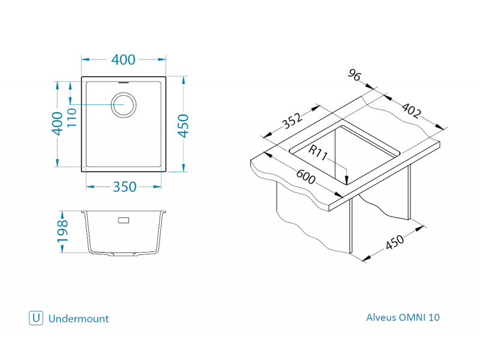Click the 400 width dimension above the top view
[124, 60]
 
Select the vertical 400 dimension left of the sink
[58, 124]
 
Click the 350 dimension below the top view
[125, 187]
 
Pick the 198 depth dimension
[63, 232]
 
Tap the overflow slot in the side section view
[124, 220]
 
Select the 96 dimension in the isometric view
[355, 76]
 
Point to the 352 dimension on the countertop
[292, 122]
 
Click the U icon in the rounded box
[36, 318]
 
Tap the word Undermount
[78, 319]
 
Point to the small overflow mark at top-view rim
[124, 80]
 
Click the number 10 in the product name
[434, 317]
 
